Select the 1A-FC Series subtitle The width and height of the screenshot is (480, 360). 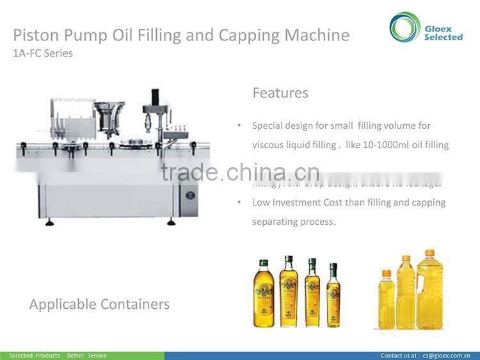click(x=43, y=53)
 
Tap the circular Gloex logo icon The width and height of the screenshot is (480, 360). click(x=405, y=28)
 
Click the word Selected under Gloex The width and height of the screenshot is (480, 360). click(x=443, y=37)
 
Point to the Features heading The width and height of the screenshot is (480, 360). click(x=280, y=93)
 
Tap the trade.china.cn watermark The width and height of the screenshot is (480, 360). click(x=240, y=172)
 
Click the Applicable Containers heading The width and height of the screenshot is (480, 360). click(x=99, y=304)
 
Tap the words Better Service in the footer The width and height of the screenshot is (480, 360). click(x=86, y=356)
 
